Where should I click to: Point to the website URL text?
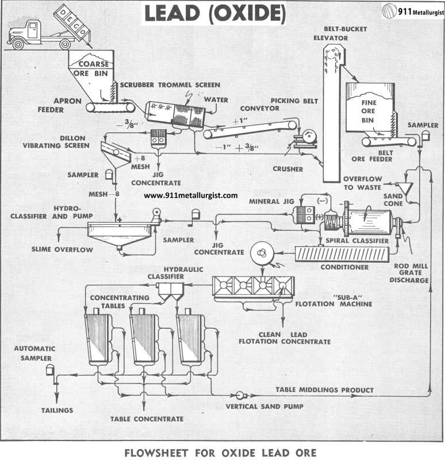pos(190,195)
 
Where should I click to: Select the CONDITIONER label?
pos(346,267)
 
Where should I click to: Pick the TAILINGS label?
pos(56,410)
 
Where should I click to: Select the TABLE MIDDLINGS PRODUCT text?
pos(324,390)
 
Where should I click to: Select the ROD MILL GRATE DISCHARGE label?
pos(409,273)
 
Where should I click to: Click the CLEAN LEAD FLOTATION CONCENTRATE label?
pos(285,338)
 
